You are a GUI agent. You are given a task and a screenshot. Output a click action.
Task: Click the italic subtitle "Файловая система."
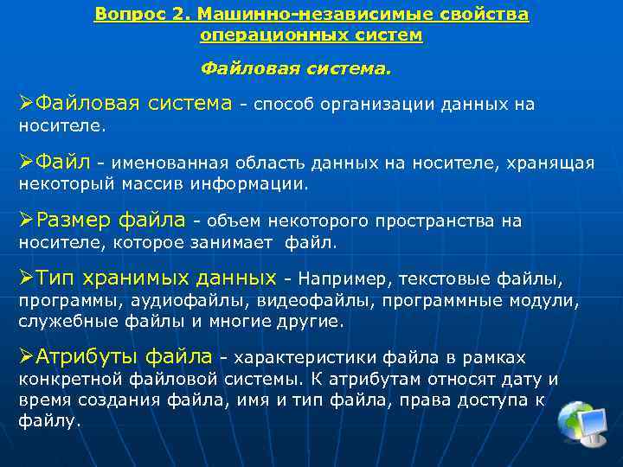pos(296,67)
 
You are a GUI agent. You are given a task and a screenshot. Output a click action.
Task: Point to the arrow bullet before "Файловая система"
pos(27,105)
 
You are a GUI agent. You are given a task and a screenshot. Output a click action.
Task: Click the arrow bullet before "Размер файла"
pos(27,221)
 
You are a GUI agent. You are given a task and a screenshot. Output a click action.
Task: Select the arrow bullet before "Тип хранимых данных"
pos(27,278)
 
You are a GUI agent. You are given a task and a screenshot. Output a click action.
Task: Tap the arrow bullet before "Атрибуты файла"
pos(27,355)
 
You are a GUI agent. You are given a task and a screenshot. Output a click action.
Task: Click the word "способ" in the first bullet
pos(283,106)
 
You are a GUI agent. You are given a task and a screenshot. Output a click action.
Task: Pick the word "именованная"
pos(157,163)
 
